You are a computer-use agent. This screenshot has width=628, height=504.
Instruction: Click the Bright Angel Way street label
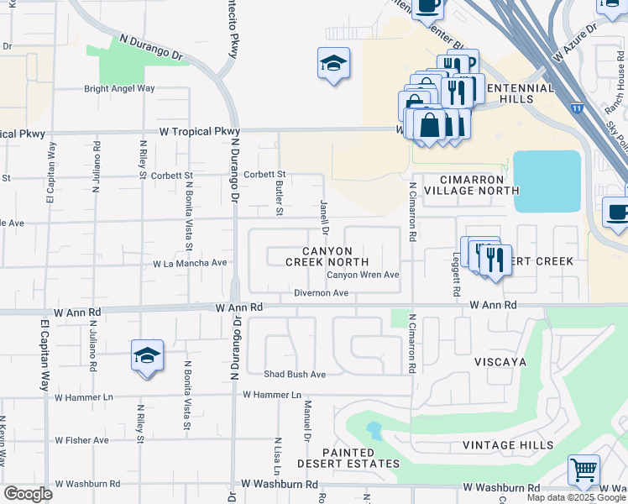119,88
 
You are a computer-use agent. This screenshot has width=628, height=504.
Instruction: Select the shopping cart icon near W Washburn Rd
584,471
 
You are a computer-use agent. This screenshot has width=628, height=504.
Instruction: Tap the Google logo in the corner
28,493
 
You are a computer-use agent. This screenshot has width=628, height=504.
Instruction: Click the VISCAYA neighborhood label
498,361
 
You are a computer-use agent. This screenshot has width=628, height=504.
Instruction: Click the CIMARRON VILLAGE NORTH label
463,185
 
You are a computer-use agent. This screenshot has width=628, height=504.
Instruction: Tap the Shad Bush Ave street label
294,374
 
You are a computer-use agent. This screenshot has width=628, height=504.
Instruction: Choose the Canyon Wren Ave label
363,275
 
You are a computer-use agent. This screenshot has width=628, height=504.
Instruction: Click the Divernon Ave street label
321,293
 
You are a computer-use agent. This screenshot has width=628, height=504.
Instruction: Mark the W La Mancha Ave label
190,263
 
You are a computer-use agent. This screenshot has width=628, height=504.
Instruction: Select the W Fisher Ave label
82,439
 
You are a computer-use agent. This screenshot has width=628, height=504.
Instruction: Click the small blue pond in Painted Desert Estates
373,432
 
